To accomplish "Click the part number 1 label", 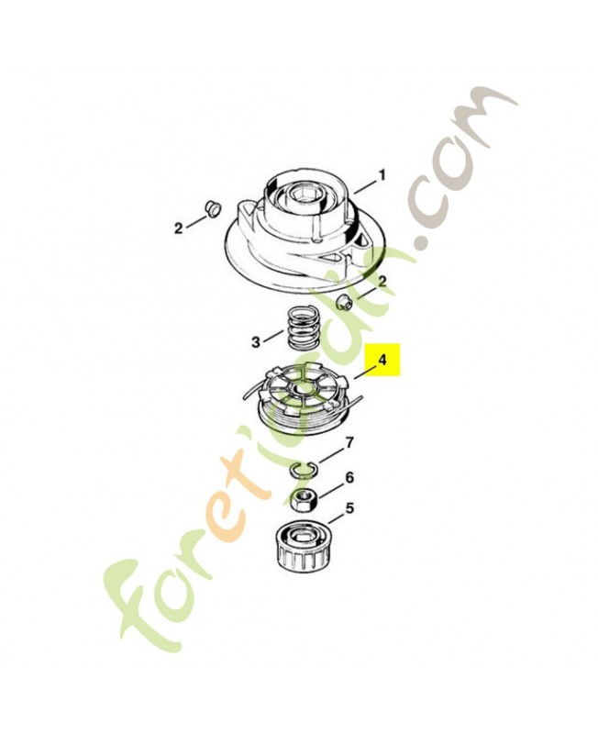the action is [382, 175].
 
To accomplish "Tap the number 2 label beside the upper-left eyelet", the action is [178, 228].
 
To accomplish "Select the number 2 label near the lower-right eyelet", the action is [382, 282].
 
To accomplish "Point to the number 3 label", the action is [256, 342].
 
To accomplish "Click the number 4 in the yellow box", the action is [382, 360].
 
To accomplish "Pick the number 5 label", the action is [349, 508].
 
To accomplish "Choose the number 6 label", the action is [349, 478].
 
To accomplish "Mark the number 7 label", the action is [349, 441].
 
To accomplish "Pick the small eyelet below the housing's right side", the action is [344, 302].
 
